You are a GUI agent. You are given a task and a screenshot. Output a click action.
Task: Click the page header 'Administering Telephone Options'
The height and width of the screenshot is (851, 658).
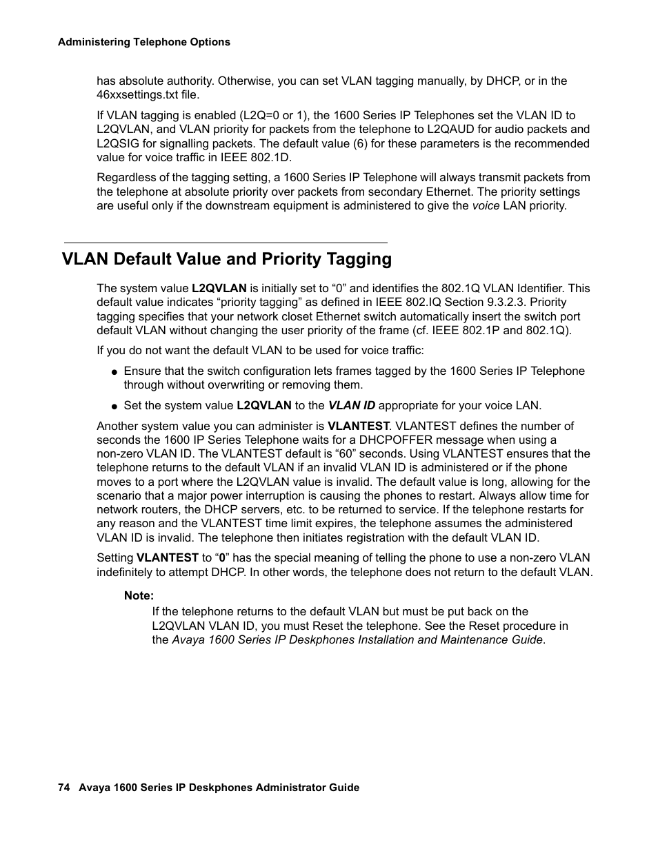[x=143, y=42]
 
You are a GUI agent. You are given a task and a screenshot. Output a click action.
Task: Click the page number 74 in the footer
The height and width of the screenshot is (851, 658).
[x=63, y=788]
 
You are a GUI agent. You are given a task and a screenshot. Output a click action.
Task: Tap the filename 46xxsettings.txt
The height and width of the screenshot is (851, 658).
[x=137, y=95]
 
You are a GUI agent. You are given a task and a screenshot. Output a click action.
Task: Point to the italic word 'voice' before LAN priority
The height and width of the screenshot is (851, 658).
[x=486, y=206]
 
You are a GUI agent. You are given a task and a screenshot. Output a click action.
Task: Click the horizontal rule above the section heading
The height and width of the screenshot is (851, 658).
[x=226, y=243]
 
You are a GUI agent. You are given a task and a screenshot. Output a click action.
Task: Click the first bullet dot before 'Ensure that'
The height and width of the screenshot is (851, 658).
[x=114, y=372]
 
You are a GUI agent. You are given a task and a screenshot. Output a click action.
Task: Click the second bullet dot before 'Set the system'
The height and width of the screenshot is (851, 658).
[x=114, y=407]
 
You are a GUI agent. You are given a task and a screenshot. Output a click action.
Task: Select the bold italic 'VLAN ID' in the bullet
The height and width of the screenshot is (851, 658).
[x=351, y=406]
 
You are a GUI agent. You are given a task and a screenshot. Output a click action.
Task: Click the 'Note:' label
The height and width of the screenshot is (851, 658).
[x=139, y=596]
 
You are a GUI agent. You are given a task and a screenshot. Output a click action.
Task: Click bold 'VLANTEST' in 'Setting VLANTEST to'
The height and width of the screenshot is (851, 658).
[x=168, y=558]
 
